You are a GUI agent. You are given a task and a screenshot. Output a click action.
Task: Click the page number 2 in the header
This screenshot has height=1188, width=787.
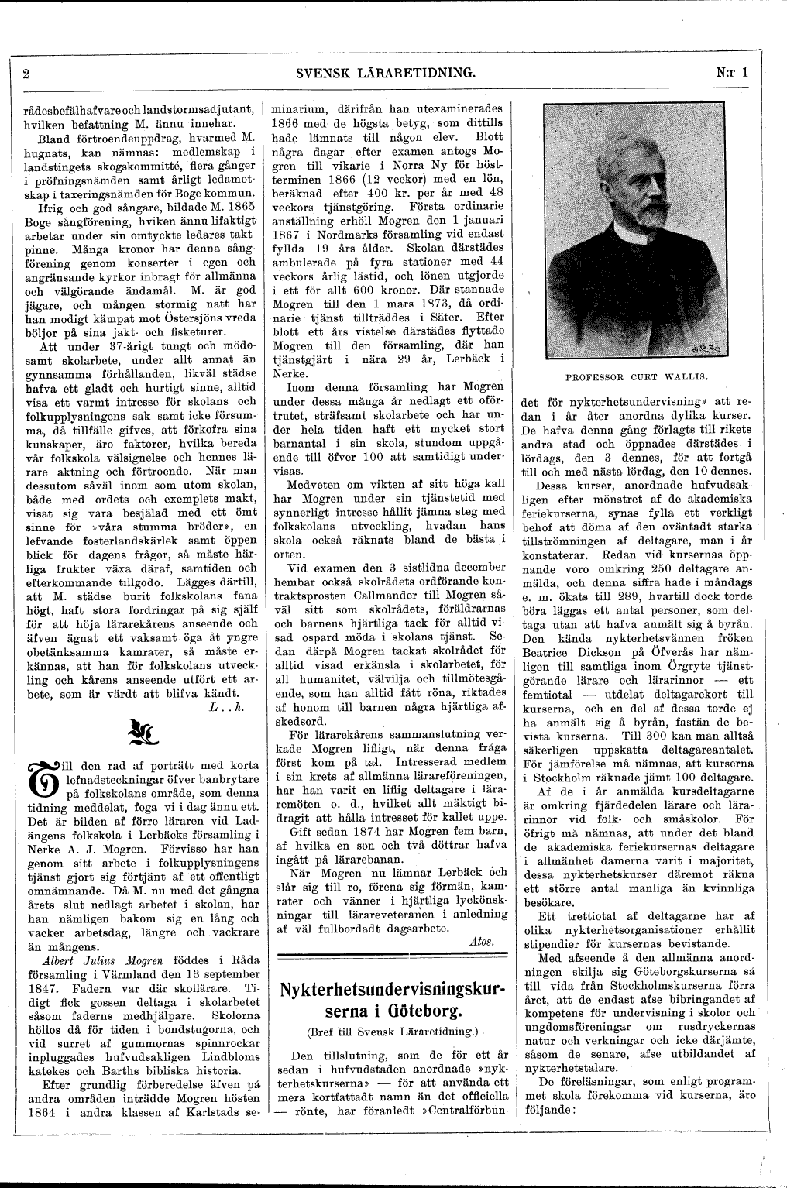coord(26,74)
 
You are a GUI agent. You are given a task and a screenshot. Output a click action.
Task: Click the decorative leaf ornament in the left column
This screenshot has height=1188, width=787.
coord(140,727)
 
